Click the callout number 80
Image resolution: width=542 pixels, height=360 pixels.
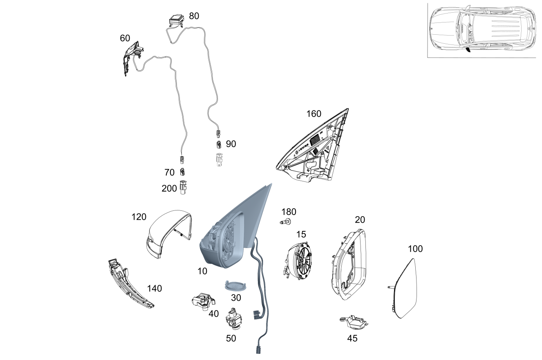[x=194, y=16]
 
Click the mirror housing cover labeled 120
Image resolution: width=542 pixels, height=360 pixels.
[x=168, y=233]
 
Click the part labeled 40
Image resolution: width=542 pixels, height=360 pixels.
[x=202, y=302]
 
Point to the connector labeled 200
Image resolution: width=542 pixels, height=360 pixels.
[x=184, y=188]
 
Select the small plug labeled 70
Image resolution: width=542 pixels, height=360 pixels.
[x=183, y=172]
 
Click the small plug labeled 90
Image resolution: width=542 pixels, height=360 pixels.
[x=219, y=144]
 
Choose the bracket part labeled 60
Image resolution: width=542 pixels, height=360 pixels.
[x=132, y=58]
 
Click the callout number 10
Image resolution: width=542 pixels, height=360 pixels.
[x=202, y=271]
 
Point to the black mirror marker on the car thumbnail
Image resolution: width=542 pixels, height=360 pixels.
[x=468, y=50]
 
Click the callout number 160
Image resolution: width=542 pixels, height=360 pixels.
[x=314, y=114]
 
